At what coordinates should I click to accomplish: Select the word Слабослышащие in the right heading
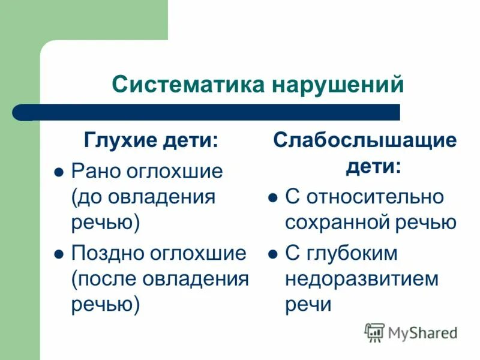point(365,142)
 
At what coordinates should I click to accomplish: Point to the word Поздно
point(108,253)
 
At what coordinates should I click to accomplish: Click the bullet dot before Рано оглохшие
point(59,172)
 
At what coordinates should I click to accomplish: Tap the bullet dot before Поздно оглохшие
point(59,254)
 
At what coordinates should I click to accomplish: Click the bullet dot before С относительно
point(272,197)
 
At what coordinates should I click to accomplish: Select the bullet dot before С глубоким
point(272,254)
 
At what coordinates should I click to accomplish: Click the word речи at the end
point(308,305)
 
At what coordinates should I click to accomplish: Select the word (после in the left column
point(103,279)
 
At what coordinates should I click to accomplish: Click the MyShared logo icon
point(374,332)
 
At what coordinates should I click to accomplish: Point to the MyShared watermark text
point(422,332)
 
